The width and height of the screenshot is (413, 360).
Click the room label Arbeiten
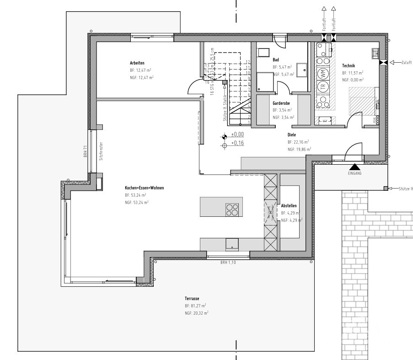pos(137,63)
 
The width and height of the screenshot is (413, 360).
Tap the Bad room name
pos(276,60)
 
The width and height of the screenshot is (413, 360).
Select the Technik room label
pos(349,66)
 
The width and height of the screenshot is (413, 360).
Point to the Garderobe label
pos(282,103)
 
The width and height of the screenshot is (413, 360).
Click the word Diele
pos(292,135)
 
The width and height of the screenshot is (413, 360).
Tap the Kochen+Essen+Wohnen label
pos(144,188)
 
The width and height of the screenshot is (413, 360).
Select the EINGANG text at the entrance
pos(354,174)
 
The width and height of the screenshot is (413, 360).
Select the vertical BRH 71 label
pos(85,151)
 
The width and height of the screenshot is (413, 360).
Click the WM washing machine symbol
pos(323,73)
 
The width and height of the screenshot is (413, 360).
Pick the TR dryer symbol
pos(323,86)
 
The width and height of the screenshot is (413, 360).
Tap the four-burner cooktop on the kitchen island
pos(232,209)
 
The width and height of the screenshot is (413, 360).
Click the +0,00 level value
pos(237,135)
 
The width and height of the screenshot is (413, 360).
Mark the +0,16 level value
pos(237,143)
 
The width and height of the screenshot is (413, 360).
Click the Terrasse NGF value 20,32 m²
pos(200,313)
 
